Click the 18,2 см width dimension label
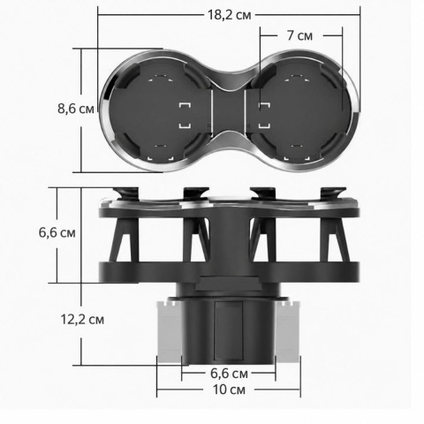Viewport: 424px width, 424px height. coord(230,15)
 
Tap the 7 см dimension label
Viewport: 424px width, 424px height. coord(299,35)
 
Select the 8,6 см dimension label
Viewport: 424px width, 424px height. coord(76,109)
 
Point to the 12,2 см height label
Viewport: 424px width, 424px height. coord(82,320)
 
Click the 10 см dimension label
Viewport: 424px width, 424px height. coord(229,390)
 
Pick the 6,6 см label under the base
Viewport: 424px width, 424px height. coord(229,374)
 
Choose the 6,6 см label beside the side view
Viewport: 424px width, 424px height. coord(57,232)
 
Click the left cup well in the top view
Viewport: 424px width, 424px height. coord(161,110)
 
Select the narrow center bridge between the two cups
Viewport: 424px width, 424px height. coord(229,110)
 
